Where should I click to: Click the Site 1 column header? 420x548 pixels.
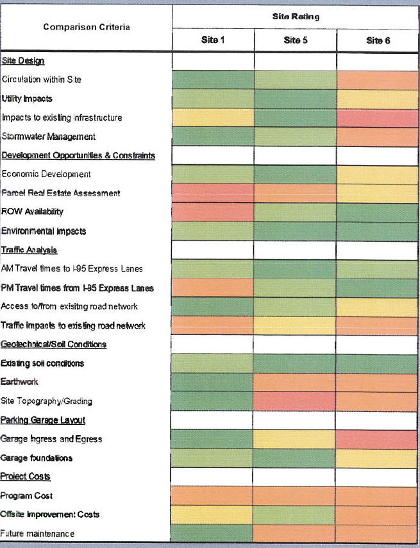[x=214, y=40]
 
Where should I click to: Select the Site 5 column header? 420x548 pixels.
[x=296, y=40]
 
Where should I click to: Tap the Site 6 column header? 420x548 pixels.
[x=378, y=40]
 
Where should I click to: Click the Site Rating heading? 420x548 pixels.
[x=296, y=16]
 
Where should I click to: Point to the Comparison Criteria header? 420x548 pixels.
[x=87, y=27]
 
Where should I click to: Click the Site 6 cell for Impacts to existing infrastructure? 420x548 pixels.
[x=378, y=117]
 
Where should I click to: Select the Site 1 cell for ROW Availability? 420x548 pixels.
[x=214, y=212]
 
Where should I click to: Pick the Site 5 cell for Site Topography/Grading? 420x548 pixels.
[x=296, y=401]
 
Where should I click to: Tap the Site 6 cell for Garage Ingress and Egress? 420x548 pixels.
[x=378, y=439]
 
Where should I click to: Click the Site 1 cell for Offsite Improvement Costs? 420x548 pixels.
[x=214, y=515]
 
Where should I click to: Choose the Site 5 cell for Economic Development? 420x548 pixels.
[x=296, y=174]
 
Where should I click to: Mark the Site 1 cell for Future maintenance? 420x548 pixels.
[x=214, y=533]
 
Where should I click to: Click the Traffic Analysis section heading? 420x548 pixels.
[x=29, y=250]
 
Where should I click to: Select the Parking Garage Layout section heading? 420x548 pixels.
[x=43, y=420]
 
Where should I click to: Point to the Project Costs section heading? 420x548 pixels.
[x=26, y=476]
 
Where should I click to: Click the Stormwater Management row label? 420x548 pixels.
[x=49, y=137]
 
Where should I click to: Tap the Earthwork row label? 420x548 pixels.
[x=20, y=382]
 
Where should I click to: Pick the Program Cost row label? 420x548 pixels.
[x=27, y=495]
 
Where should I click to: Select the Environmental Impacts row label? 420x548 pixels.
[x=44, y=231]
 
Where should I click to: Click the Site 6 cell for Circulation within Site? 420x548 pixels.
[x=378, y=80]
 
